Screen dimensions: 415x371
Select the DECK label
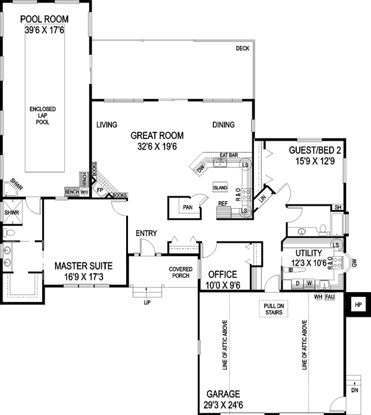(242, 49)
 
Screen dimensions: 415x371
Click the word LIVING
(107, 125)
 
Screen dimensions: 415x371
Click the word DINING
(223, 125)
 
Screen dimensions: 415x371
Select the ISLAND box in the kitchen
(220, 187)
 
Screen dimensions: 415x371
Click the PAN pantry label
(187, 207)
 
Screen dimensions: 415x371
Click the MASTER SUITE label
(83, 266)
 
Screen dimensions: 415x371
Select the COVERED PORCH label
(181, 273)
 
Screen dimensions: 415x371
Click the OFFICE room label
(223, 274)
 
